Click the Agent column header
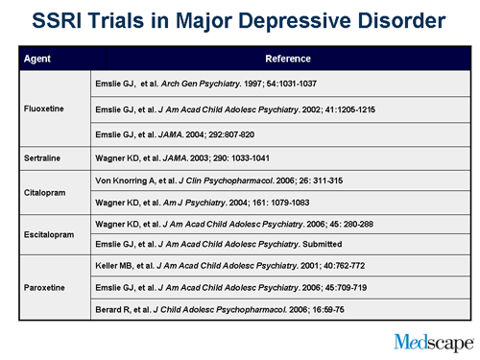[38, 60]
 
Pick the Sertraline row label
[43, 153]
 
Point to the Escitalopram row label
[49, 234]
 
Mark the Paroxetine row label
[44, 286]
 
